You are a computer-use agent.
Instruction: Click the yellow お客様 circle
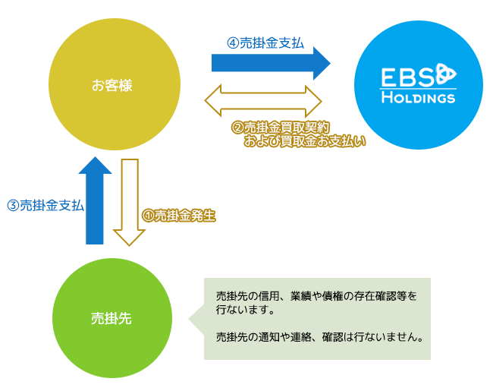click(115, 84)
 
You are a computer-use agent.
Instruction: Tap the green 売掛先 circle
click(112, 318)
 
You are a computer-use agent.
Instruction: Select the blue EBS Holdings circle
click(419, 85)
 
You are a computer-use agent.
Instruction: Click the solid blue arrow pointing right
click(271, 63)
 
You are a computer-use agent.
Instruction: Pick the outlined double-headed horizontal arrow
click(263, 101)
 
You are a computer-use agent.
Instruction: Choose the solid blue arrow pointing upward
click(95, 200)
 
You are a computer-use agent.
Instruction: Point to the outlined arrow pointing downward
click(129, 203)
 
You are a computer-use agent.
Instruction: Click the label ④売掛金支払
click(265, 43)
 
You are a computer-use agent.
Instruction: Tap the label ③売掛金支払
click(46, 206)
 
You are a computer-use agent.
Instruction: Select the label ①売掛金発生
click(178, 216)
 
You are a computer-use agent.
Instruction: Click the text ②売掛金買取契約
click(281, 128)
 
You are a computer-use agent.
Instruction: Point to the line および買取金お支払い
click(305, 141)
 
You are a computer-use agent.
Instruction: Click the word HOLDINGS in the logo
click(418, 98)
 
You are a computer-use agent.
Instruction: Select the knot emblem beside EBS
click(445, 74)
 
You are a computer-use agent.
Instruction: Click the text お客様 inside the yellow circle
click(112, 85)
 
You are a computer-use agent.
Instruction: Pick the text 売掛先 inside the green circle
click(111, 319)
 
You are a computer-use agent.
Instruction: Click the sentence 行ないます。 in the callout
click(245, 310)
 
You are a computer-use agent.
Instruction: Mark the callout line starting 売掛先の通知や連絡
click(319, 337)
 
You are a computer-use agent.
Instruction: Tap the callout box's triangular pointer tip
click(189, 319)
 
